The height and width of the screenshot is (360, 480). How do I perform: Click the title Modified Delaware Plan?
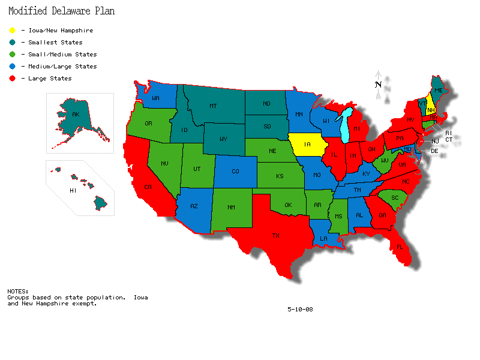pos(61,11)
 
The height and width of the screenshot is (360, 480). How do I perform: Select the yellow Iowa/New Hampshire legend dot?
pos(12,31)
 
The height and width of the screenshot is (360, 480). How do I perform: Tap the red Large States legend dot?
pos(12,79)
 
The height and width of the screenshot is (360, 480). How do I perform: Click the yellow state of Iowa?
pos(307,145)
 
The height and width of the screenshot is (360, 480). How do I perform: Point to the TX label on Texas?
pos(276,236)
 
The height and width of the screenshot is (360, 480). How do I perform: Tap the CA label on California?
pos(148,187)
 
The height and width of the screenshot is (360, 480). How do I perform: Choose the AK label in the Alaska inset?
pos(76,115)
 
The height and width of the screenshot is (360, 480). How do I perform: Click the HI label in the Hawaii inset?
pos(73,191)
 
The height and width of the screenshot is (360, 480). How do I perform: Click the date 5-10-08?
pos(300,310)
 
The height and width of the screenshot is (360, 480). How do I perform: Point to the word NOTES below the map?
pos(18,292)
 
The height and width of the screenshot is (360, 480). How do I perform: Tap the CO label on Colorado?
pos(235,172)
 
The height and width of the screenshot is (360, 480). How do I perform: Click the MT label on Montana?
pos(213,106)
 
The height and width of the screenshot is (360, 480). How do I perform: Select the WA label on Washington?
pos(155,98)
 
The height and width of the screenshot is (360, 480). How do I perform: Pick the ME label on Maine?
pos(438,91)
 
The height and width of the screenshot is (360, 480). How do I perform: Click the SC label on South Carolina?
pos(395,198)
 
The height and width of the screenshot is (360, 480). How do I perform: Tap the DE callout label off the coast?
pos(434,151)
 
